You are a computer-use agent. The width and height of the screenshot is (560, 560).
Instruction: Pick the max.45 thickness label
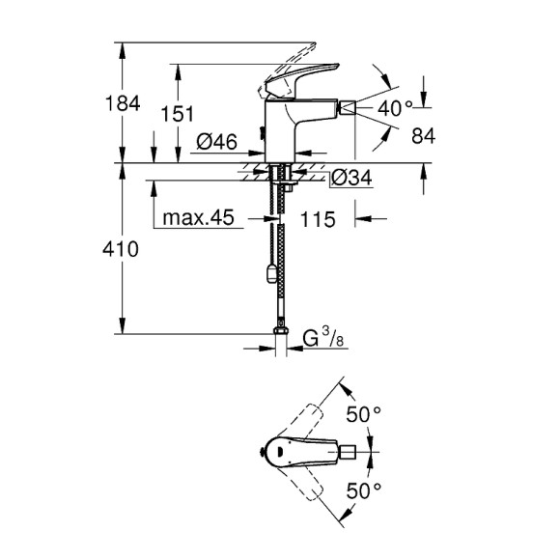(199, 219)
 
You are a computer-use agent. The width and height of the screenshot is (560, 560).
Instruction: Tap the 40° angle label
(396, 109)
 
